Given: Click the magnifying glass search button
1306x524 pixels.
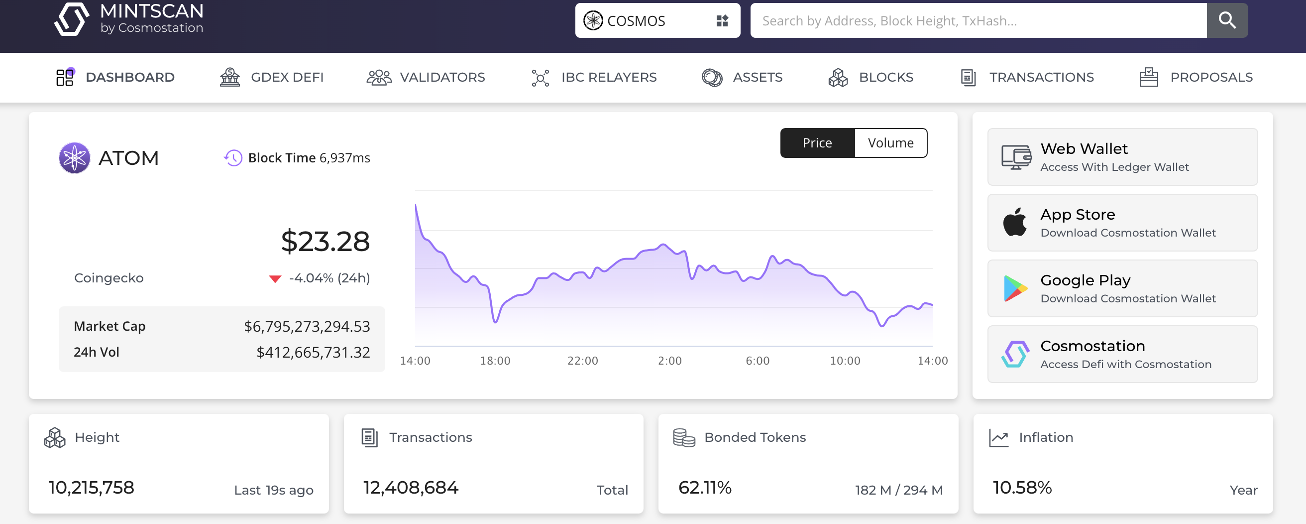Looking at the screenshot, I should click(1226, 20).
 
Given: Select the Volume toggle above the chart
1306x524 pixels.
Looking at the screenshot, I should click(890, 143).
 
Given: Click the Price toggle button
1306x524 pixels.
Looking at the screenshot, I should click(817, 143).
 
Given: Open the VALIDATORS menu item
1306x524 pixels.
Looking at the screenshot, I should click(426, 77).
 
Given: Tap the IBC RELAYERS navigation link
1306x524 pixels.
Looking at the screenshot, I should click(594, 77).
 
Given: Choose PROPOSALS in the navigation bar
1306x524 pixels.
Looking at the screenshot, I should click(1196, 77).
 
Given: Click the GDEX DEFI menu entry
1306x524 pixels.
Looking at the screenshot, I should click(272, 77).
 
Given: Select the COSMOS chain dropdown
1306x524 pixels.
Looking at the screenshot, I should click(657, 20).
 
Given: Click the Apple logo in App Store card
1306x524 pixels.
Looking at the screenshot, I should click(1014, 222).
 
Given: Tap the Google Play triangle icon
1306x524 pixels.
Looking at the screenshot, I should click(1014, 288).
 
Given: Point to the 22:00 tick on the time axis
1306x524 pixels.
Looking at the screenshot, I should click(582, 361).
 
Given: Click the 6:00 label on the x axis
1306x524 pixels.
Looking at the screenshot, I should click(758, 361).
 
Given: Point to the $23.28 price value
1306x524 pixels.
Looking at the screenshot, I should click(325, 241).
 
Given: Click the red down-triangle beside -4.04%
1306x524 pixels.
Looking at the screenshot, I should click(275, 278).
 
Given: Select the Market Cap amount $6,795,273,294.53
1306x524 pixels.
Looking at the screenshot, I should click(307, 326).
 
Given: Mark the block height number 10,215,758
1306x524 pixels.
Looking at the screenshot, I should click(91, 488).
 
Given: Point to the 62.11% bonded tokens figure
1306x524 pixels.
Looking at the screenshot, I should click(705, 488).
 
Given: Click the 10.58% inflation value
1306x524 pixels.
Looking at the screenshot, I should click(1022, 488).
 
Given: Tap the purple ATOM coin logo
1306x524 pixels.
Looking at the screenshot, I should click(75, 158).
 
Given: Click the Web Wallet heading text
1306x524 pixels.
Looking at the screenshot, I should click(1084, 148).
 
